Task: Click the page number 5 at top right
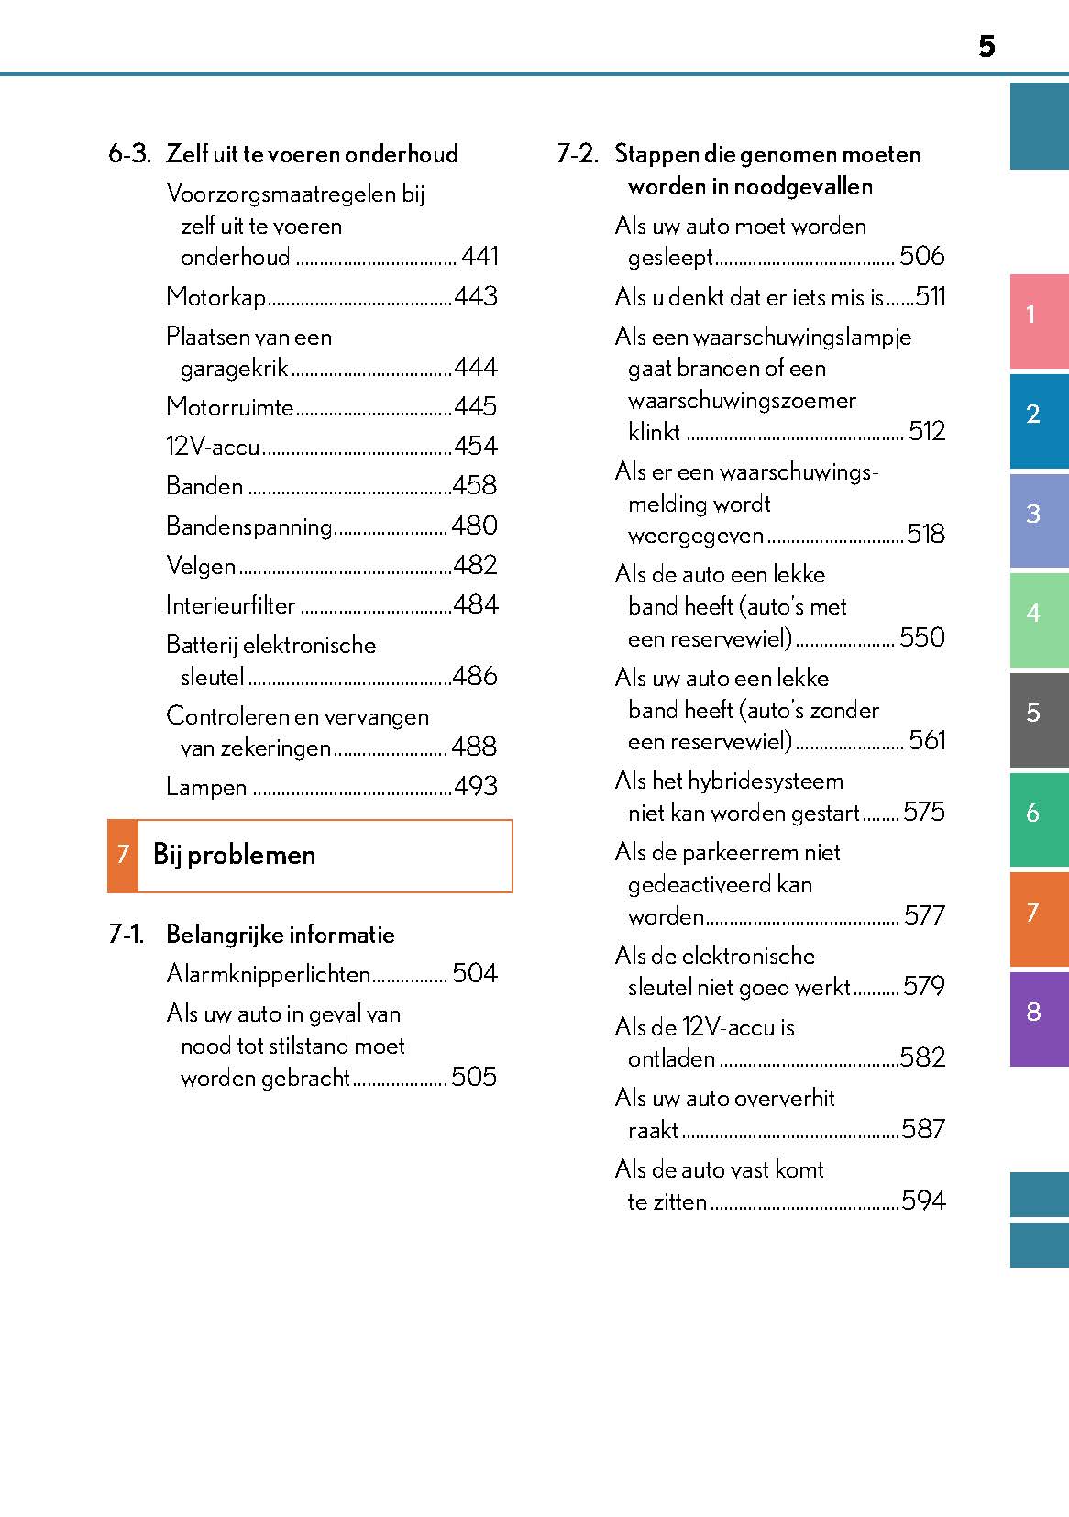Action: (986, 46)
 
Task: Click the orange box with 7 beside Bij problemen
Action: (123, 855)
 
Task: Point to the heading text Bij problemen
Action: (234, 855)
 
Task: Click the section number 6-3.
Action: (129, 154)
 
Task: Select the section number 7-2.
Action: (578, 154)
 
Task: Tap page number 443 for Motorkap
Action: (476, 296)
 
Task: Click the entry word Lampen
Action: (206, 787)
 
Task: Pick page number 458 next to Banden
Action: (475, 485)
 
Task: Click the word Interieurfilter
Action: (230, 605)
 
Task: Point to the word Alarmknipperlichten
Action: (268, 974)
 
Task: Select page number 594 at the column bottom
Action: (923, 1201)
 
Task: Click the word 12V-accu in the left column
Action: (213, 447)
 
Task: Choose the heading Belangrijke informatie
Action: (280, 935)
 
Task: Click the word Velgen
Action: (201, 566)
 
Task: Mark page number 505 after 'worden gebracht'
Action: (474, 1077)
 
